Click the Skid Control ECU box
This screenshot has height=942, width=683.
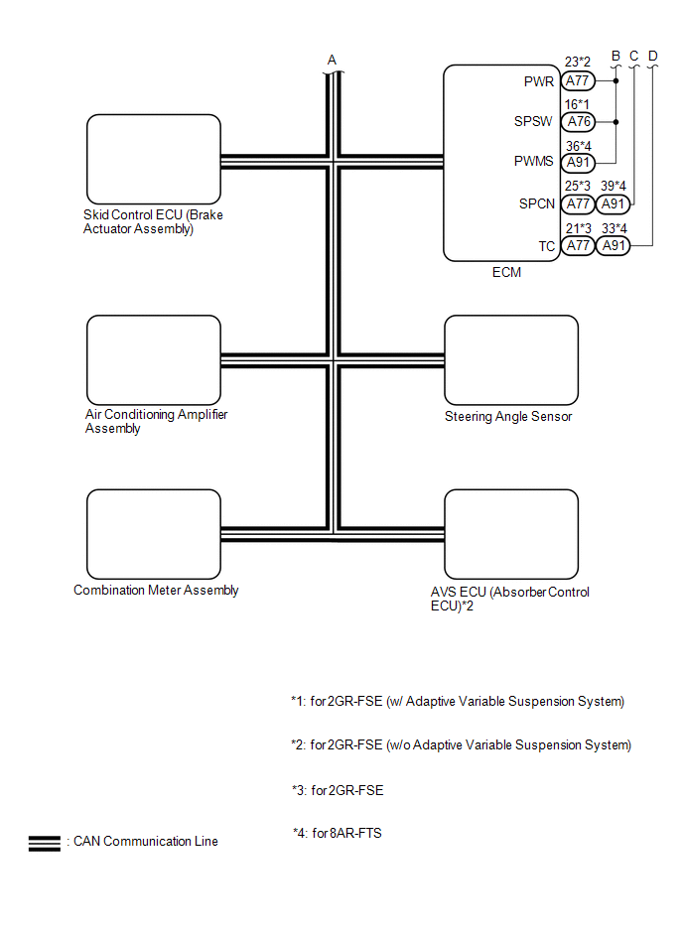[x=153, y=159]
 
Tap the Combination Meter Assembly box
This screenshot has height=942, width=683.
[x=153, y=533]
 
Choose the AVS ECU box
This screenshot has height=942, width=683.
[x=510, y=533]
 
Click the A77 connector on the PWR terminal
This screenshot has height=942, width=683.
[x=578, y=81]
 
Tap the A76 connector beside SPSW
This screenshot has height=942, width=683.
[x=578, y=122]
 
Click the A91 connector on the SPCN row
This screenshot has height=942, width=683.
[x=614, y=204]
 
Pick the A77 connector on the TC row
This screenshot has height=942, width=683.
[x=578, y=246]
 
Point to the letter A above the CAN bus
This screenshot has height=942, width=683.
[x=333, y=61]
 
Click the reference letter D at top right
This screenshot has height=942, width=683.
[x=652, y=56]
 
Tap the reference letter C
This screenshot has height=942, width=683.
[x=633, y=56]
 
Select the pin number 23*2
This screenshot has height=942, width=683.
[x=577, y=62]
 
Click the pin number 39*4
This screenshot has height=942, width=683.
[x=614, y=186]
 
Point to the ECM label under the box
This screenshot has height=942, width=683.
[x=506, y=273]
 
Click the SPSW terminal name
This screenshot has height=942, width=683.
[x=536, y=122]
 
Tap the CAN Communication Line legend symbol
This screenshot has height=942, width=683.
[x=45, y=843]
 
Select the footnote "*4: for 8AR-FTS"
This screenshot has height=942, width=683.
[x=337, y=834]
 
